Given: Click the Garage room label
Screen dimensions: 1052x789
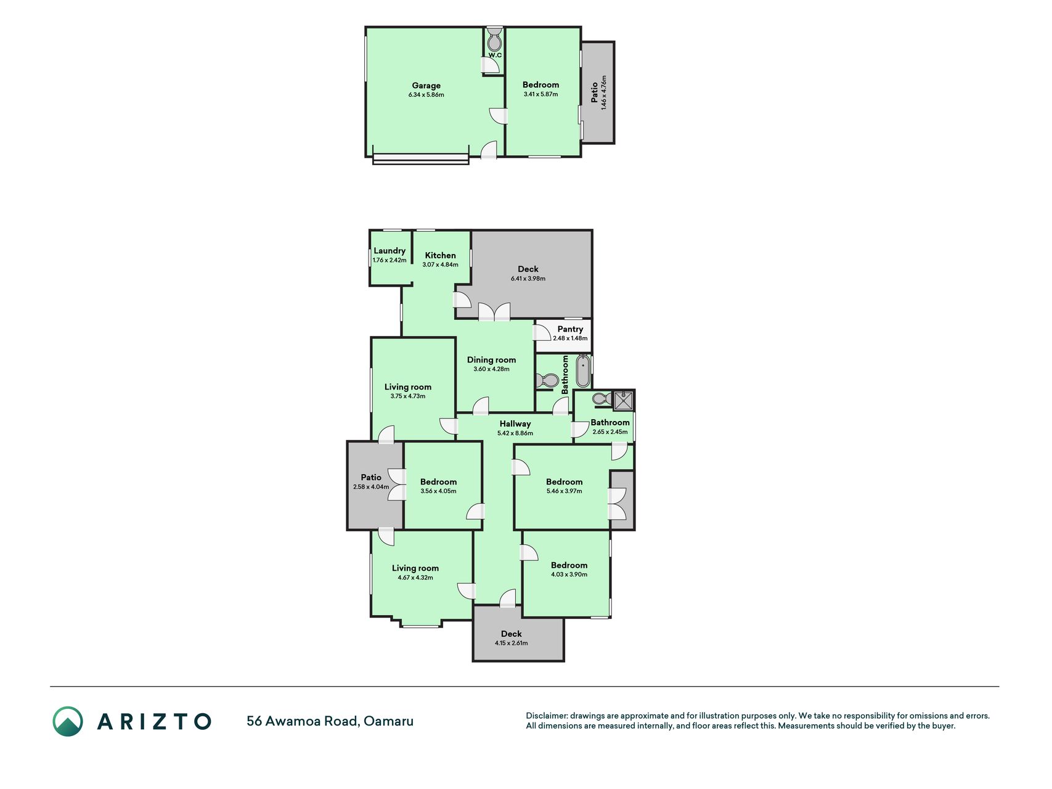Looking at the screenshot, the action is [x=426, y=86].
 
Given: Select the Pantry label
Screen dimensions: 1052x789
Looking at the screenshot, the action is [x=570, y=329].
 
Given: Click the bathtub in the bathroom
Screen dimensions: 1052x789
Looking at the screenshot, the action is [x=582, y=371].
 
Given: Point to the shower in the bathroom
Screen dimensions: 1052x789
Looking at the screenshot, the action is [x=623, y=401].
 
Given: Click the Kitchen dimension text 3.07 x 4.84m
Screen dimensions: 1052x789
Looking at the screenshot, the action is [x=440, y=264].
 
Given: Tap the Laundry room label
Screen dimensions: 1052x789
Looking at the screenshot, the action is [x=389, y=251].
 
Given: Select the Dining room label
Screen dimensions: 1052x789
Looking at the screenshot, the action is [x=491, y=360].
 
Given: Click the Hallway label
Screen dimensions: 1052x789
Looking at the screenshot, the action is [x=515, y=423].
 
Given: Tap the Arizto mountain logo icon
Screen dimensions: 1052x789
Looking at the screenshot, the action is [x=68, y=721].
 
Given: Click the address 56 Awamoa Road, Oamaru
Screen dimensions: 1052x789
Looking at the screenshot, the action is [x=330, y=721].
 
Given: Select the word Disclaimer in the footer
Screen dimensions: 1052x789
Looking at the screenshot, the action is [x=546, y=716].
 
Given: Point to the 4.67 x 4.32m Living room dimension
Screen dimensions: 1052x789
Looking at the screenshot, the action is [x=415, y=578].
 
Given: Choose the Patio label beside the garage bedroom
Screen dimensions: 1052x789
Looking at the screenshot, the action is [x=595, y=92].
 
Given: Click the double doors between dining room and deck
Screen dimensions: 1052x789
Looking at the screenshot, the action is [x=494, y=311].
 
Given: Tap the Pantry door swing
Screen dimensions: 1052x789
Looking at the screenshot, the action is [x=542, y=332].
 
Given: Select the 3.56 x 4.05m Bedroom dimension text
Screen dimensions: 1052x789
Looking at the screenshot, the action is [x=438, y=491].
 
